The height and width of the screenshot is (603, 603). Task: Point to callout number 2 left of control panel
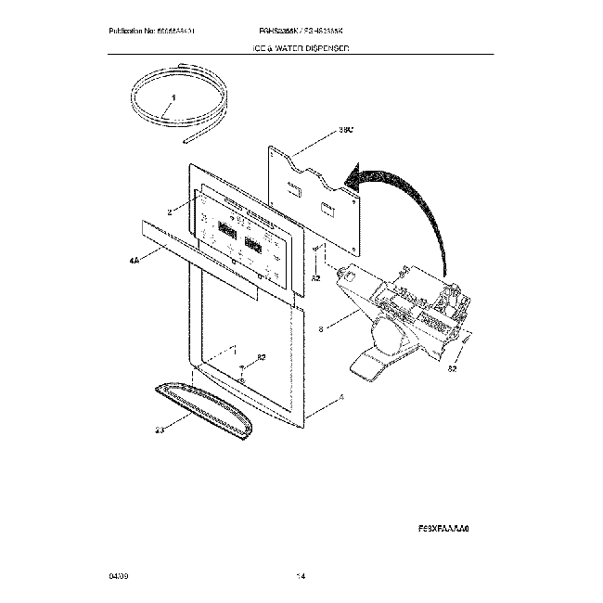coord(171,212)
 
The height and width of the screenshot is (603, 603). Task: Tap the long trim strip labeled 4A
coord(213,245)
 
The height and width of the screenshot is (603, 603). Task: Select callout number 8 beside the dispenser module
coord(321,327)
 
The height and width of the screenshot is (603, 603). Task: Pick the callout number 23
coord(159,430)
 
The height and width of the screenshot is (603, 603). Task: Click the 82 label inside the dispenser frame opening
coord(262,357)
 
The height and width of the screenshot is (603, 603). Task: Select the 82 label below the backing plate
coord(316,277)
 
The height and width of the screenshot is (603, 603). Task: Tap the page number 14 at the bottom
coord(301,577)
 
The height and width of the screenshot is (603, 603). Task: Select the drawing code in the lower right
coord(445,525)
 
